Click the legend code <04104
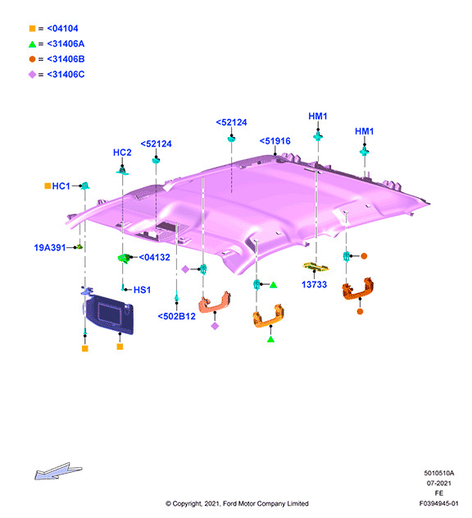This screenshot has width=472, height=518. pyautogui.click(x=62, y=29)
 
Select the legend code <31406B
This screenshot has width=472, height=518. pyautogui.click(x=66, y=59)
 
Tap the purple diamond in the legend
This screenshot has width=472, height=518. pyautogui.click(x=32, y=75)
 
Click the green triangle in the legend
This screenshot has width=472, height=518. pyautogui.click(x=32, y=44)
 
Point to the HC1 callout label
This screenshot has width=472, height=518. pyautogui.click(x=61, y=186)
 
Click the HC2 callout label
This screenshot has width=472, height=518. pyautogui.click(x=122, y=153)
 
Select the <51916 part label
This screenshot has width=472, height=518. pyautogui.click(x=275, y=141)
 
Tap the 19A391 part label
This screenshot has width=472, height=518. pyautogui.click(x=50, y=247)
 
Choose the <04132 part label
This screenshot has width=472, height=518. pyautogui.click(x=154, y=257)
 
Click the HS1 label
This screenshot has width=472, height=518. pyautogui.click(x=142, y=290)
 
